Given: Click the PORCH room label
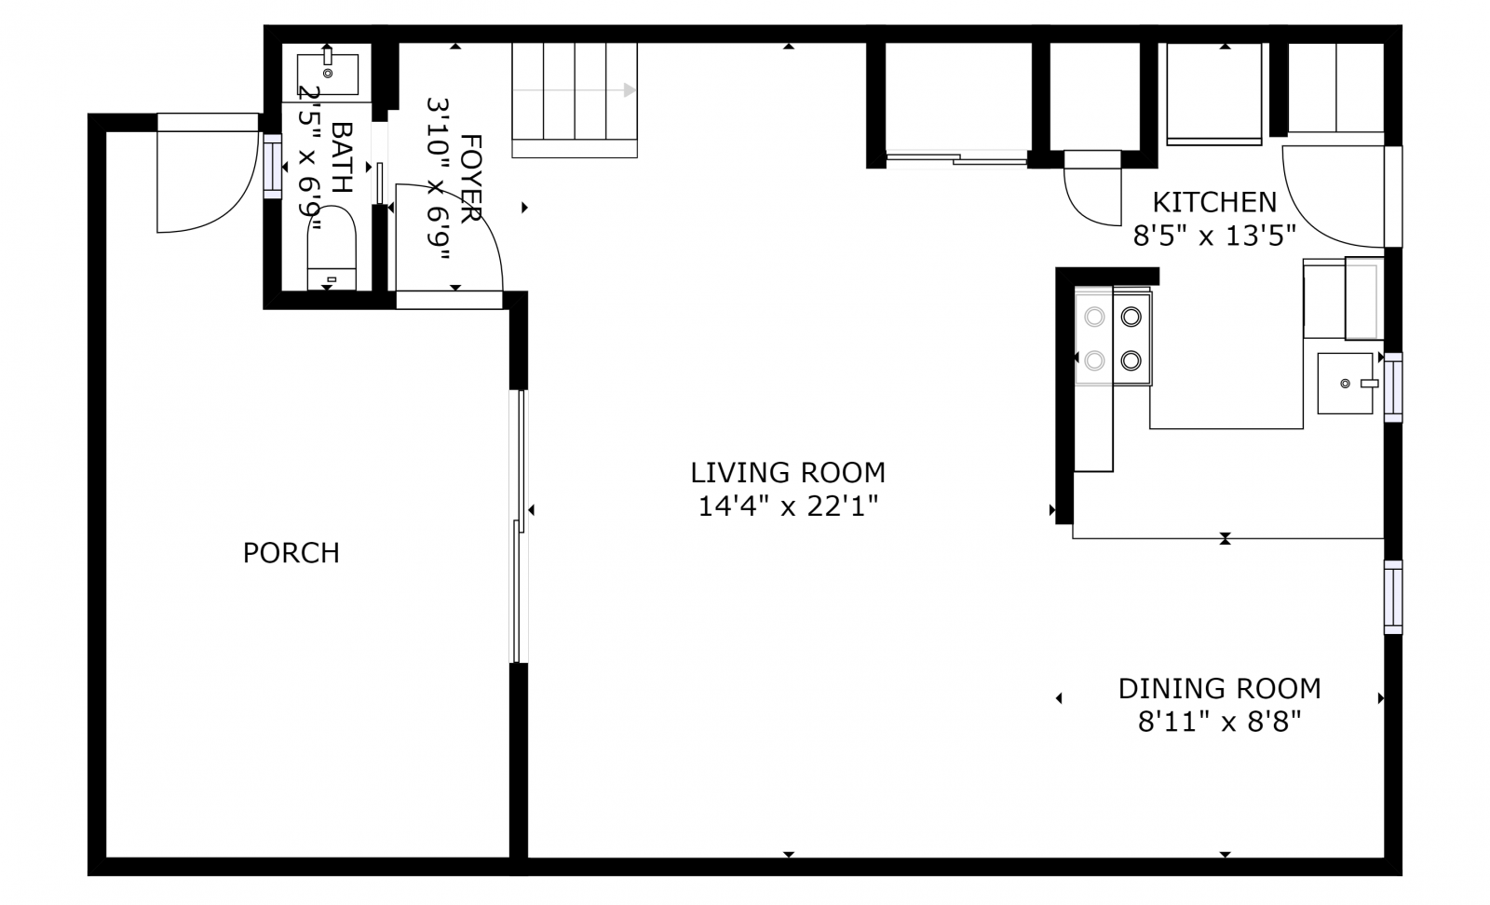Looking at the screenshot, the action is tap(291, 553).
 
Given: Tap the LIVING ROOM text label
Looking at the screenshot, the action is tap(788, 473).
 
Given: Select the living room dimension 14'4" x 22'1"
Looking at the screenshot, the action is tap(788, 507).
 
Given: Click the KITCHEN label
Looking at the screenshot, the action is tap(1214, 202).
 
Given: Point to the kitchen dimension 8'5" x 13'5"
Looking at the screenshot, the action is tap(1214, 236).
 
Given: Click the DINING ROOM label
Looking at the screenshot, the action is tap(1219, 689).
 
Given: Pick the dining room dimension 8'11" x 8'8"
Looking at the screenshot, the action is tap(1219, 723).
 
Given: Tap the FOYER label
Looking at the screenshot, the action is tap(471, 178).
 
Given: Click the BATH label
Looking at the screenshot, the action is tap(341, 157).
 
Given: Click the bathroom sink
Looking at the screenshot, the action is tap(327, 74).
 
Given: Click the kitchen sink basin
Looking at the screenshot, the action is tap(1345, 384).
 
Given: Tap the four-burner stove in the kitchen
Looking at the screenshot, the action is tap(1113, 338).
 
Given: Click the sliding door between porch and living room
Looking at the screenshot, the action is tap(519, 527).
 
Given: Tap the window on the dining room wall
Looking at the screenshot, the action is tap(1393, 597).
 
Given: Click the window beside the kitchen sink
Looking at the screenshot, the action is tap(1393, 387).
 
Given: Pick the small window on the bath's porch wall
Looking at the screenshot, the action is tap(273, 167).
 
